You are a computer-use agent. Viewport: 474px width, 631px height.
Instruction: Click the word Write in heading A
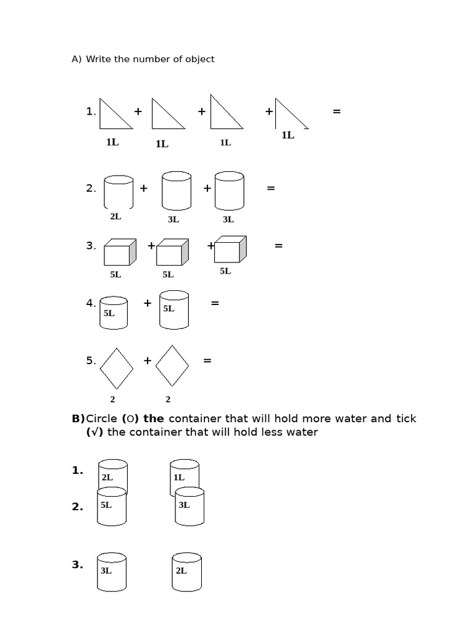[x=98, y=59]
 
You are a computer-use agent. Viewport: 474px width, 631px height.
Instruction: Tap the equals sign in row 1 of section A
[x=336, y=112]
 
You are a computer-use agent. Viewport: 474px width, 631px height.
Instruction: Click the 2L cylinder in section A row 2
[x=118, y=192]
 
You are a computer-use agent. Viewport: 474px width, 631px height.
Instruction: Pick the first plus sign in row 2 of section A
[x=143, y=189]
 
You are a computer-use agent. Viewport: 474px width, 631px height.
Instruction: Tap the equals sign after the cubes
[x=278, y=246]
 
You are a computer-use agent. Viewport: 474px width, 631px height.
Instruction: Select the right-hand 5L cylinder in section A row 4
[x=173, y=309]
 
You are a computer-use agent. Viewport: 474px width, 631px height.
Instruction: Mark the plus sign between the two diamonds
[x=147, y=360]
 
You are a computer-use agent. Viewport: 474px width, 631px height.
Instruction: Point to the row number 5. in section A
[x=91, y=360]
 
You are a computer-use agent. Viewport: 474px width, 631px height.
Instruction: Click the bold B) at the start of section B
[x=78, y=419]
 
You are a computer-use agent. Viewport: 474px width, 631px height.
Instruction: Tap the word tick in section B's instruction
[x=406, y=419]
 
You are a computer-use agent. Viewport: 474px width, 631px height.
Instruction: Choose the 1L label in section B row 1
[x=179, y=477]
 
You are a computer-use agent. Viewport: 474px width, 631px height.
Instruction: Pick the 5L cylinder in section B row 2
[x=112, y=506]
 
